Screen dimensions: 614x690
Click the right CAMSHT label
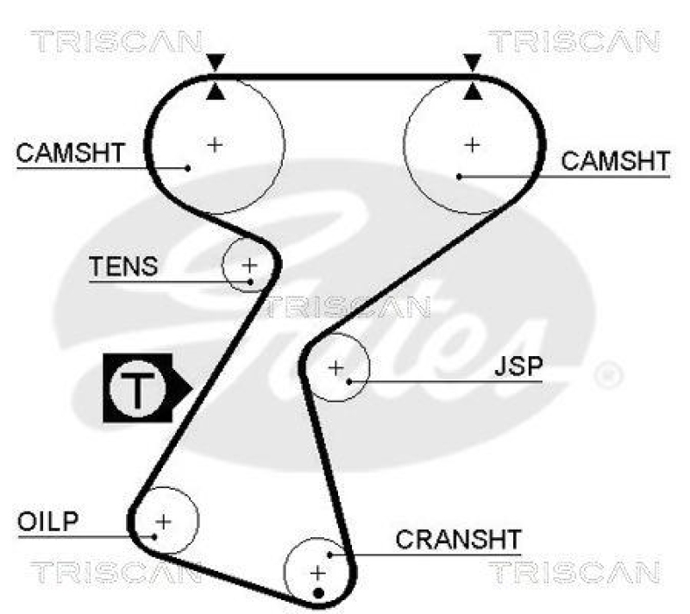coord(615,161)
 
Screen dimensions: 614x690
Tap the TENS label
coord(123,266)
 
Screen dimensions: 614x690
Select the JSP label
coord(518,367)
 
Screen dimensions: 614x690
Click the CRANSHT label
coord(458,541)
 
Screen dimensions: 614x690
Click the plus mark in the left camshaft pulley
coord(215,144)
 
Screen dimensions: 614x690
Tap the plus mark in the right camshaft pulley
coord(471,144)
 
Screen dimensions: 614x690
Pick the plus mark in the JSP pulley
coord(336,368)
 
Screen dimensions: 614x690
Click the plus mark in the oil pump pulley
coord(162,521)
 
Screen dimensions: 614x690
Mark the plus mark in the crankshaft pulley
coord(318,571)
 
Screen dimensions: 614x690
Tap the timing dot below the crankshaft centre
coord(318,592)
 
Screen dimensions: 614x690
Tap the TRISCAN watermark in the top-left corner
coord(116,41)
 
